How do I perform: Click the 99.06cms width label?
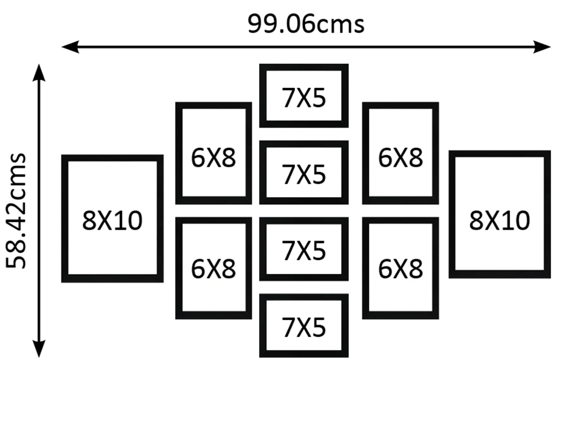(306, 24)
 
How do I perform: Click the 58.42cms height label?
(17, 211)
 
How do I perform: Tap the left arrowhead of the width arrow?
(69, 46)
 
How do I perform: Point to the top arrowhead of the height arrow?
(39, 73)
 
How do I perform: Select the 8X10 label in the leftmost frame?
(112, 220)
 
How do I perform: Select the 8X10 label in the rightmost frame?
(500, 220)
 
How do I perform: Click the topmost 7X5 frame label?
(304, 98)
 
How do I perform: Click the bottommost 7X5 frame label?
(304, 327)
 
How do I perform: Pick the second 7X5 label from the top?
(304, 174)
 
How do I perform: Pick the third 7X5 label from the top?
(304, 251)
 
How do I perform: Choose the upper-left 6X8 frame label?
(213, 157)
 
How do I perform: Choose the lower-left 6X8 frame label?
(213, 269)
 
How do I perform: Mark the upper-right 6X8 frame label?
(400, 157)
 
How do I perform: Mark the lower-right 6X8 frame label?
(400, 269)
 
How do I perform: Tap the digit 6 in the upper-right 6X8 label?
(385, 157)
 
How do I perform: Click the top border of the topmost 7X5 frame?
(304, 67)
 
